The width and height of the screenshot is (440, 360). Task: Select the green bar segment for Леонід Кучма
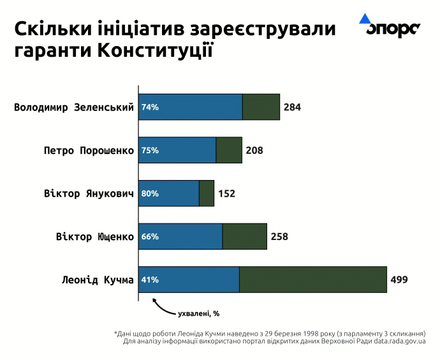click(x=312, y=280)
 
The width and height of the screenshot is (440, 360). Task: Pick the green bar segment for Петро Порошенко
click(x=229, y=150)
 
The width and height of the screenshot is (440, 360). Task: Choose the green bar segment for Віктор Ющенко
click(x=244, y=236)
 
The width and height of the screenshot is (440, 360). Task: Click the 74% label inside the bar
click(x=150, y=107)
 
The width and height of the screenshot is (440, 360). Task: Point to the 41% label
click(x=150, y=280)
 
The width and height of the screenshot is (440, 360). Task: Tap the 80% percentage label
click(x=150, y=193)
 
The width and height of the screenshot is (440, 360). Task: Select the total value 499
click(x=399, y=280)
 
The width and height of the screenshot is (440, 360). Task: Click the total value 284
click(x=292, y=107)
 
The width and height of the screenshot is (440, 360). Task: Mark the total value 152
click(x=227, y=193)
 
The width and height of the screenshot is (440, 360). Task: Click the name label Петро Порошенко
click(x=89, y=151)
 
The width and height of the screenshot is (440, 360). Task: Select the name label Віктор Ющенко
click(x=95, y=237)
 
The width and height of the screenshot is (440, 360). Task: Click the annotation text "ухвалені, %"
click(x=199, y=313)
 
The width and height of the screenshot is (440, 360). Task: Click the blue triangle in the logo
click(x=365, y=19)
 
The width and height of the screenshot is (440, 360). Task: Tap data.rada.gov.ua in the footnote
click(x=400, y=341)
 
